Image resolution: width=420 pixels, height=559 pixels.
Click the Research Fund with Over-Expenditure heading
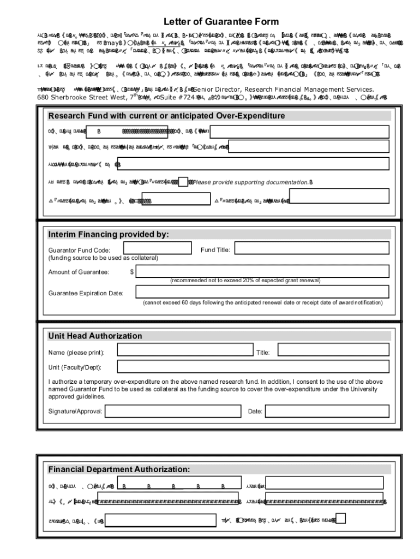point(166,116)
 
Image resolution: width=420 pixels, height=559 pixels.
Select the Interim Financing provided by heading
point(109,234)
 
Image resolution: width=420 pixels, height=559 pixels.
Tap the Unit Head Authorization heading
point(95,336)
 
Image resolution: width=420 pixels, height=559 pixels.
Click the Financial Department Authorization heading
point(119,469)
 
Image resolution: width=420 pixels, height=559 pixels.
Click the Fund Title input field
point(311,249)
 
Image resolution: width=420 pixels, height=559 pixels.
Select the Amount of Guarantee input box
point(262,271)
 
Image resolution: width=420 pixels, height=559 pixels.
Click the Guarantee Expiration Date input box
point(262,292)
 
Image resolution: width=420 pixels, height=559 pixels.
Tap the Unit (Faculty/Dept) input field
point(253,367)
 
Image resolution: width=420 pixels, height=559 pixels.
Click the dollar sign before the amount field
point(132,272)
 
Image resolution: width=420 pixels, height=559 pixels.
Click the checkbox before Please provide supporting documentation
point(184,181)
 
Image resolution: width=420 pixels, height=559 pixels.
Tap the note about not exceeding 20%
point(245,281)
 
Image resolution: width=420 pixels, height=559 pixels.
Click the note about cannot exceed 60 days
point(262,302)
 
